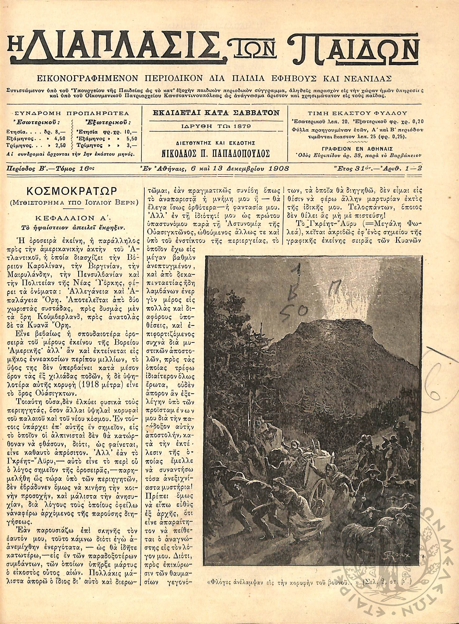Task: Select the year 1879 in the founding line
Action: point(243,126)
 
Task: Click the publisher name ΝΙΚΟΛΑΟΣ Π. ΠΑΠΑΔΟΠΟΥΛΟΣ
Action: point(215,153)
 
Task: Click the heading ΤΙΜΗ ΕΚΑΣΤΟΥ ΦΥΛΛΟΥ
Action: point(357,113)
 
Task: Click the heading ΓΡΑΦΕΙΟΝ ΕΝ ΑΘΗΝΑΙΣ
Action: point(357,148)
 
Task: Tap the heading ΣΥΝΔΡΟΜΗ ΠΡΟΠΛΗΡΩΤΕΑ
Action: point(71,113)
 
